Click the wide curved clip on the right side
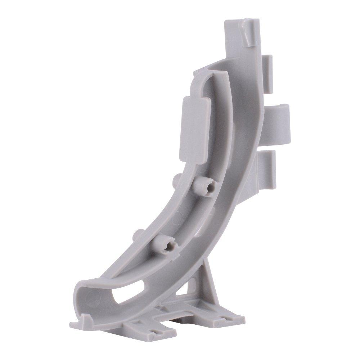pyautogui.click(x=279, y=121)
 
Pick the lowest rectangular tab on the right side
pyautogui.click(x=267, y=169)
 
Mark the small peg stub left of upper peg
pyautogui.click(x=177, y=179)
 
